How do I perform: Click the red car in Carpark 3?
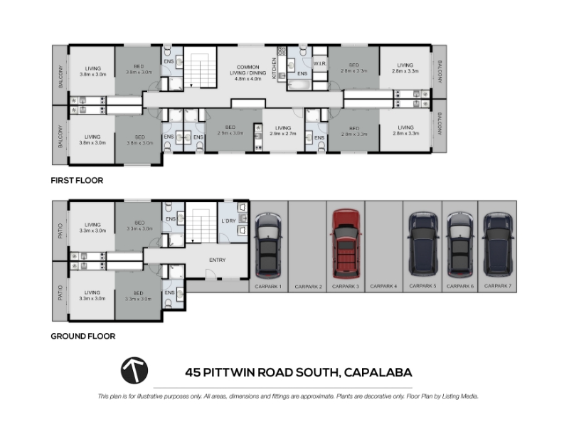[x=346, y=243]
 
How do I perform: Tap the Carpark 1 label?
[x=268, y=287]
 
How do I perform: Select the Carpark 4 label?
[x=383, y=286]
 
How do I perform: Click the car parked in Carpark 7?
[x=497, y=244]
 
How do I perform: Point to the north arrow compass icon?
[x=134, y=370]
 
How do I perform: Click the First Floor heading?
[x=77, y=181]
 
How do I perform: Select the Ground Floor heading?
[x=83, y=336]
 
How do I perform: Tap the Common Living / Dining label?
[x=248, y=73]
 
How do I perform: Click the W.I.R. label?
[x=319, y=63]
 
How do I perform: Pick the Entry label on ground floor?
[x=218, y=260]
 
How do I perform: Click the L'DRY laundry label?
[x=228, y=221]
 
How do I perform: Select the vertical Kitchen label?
[x=275, y=68]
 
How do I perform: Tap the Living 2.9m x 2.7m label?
[x=283, y=131]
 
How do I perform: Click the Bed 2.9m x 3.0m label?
[x=230, y=130]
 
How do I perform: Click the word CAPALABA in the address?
[x=378, y=372]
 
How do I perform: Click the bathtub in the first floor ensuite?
[x=299, y=85]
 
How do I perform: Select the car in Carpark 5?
[x=422, y=244]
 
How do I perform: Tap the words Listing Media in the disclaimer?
[x=459, y=396]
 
